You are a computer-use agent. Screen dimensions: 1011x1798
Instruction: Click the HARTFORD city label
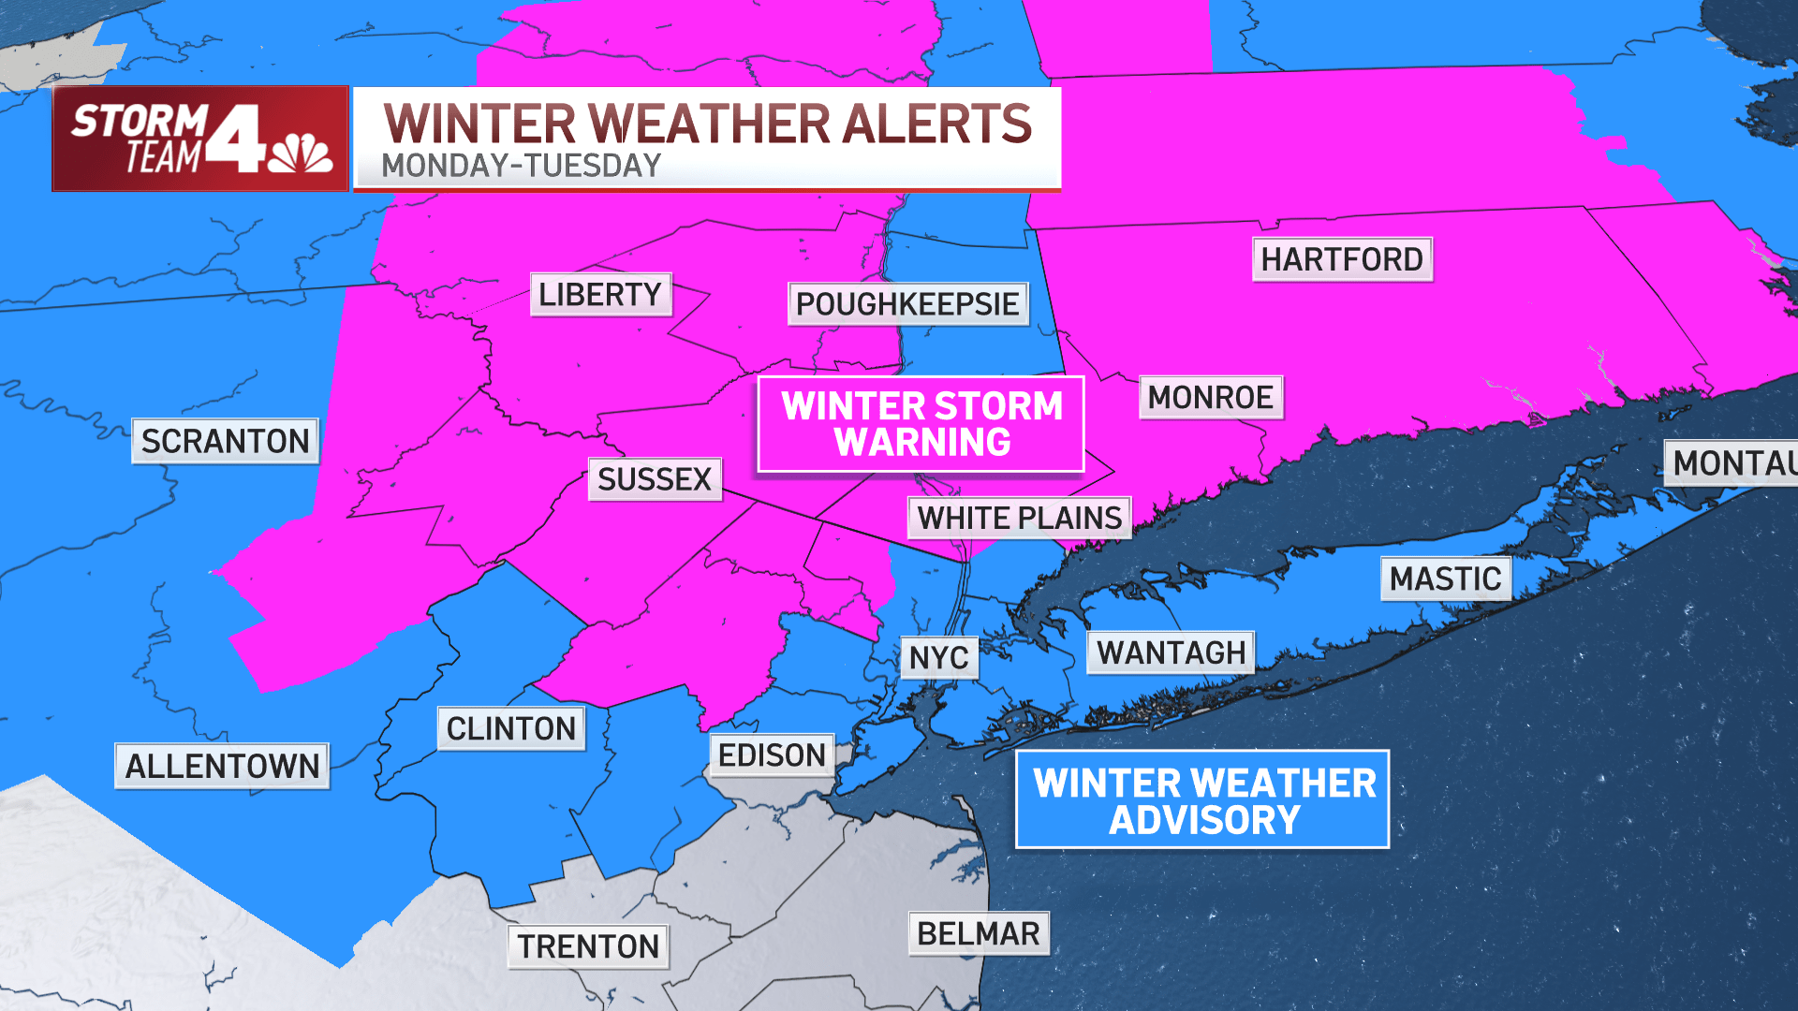1342,259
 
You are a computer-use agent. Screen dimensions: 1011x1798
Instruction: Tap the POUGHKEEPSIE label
907,304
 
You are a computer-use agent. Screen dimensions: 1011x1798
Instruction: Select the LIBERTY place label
600,295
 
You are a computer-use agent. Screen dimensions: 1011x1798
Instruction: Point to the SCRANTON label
225,441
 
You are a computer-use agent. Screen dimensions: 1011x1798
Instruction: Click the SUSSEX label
655,479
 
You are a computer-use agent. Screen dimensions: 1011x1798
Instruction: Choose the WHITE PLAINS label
1019,518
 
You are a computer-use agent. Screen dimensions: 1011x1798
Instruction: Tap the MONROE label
1210,398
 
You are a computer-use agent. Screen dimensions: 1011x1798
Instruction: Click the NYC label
939,658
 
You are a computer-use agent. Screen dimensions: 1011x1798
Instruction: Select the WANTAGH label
1171,652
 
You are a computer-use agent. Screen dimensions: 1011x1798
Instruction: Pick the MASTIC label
1445,579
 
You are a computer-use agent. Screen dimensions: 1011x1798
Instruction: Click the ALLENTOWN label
222,767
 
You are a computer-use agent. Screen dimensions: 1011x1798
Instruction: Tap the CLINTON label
511,728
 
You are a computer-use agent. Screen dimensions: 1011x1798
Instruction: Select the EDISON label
772,755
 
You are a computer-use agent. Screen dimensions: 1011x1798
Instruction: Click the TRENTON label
589,946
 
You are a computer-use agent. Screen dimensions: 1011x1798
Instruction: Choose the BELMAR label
979,934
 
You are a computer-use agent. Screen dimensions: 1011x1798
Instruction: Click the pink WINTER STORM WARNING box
921,424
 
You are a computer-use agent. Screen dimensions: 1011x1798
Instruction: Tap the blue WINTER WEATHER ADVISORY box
1203,800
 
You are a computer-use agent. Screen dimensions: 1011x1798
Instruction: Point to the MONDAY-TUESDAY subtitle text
521,167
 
